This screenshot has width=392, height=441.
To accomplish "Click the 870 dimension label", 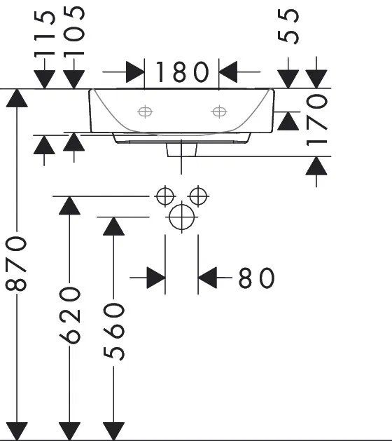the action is (x=16, y=264).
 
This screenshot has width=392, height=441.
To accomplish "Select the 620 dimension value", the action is (x=69, y=316).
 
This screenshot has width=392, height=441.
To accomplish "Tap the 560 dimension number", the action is (x=113, y=332).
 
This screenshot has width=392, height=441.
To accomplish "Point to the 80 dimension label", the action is (x=256, y=278).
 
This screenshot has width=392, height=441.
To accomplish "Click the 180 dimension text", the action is (x=182, y=72).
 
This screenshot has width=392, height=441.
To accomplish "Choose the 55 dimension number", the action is (x=288, y=27).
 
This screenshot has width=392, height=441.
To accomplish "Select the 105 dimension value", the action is (x=74, y=32).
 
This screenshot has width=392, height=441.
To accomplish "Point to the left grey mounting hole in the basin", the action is (x=145, y=112).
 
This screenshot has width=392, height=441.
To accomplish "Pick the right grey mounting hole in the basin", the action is (x=219, y=111).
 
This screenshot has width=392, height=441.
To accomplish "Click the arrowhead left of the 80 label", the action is (x=156, y=278).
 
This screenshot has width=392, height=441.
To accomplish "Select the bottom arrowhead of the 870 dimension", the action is (x=17, y=430).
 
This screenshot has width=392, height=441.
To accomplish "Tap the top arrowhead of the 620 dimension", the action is (x=69, y=205).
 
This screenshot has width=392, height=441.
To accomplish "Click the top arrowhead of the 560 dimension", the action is (x=113, y=226).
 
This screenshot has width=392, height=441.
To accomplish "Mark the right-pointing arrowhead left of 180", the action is (x=135, y=72).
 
